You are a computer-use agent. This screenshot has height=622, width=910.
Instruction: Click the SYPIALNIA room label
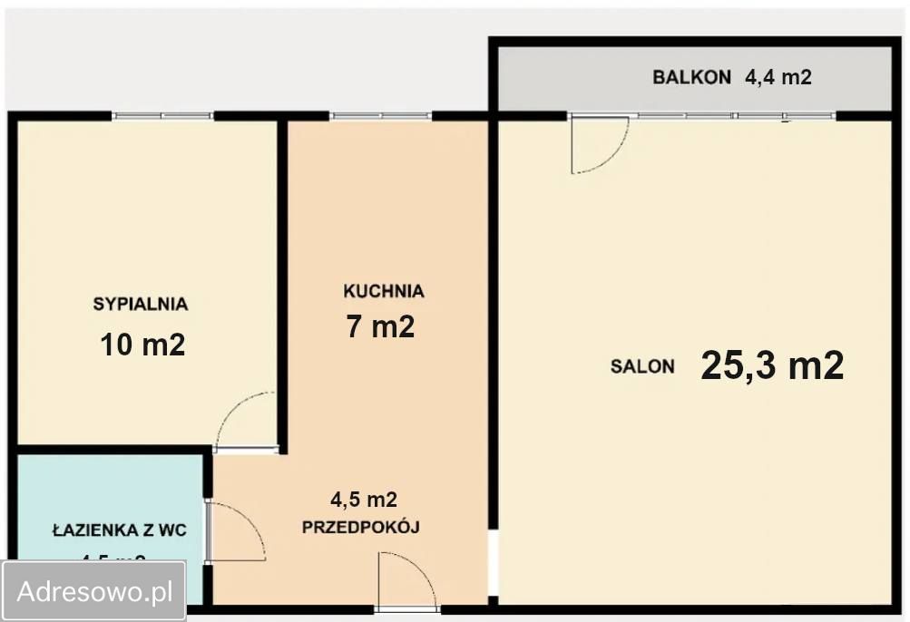tap(140, 304)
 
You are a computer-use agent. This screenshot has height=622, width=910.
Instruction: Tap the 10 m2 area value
tap(142, 345)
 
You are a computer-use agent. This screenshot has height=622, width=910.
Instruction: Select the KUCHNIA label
tap(383, 291)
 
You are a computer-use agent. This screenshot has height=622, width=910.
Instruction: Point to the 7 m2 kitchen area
tap(380, 326)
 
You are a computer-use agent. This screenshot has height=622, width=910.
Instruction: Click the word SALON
tap(642, 367)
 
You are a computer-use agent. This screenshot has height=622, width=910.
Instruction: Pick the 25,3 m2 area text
tap(772, 365)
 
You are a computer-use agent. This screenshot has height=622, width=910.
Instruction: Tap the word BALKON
tap(691, 78)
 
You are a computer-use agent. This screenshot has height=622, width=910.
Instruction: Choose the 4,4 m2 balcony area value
tap(778, 78)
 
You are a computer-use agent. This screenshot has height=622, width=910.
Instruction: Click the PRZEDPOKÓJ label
tap(361, 527)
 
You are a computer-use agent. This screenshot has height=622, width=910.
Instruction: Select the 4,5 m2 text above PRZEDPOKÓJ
tap(363, 499)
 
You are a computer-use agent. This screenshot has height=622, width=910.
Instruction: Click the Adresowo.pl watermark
tap(95, 592)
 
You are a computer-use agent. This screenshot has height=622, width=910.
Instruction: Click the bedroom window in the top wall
tap(162, 116)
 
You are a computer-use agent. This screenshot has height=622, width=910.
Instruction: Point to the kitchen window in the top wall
tap(381, 116)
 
